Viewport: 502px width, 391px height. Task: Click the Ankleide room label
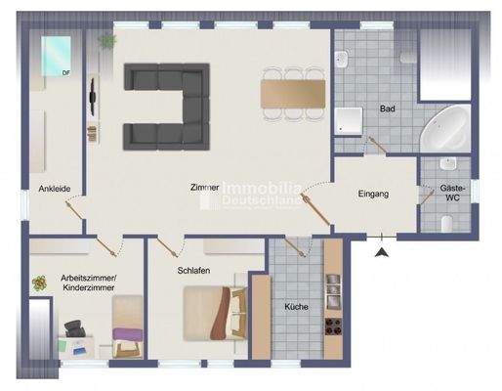coord(53,189)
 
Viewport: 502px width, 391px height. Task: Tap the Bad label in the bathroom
coord(387,111)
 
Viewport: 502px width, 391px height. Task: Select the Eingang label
coord(373,194)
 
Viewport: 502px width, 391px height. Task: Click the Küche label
coord(297,307)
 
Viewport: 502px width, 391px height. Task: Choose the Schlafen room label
coord(194,271)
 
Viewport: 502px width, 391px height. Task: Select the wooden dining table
coord(293,92)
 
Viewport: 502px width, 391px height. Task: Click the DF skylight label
coord(65,73)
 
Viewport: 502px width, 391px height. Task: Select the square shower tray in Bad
coord(349,120)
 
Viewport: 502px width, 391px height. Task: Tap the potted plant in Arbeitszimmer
coord(40,283)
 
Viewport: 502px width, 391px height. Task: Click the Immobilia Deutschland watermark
coord(257,194)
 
